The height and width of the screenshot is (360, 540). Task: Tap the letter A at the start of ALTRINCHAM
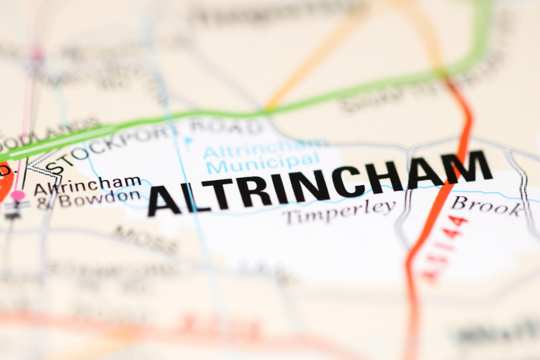tap(165, 201)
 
